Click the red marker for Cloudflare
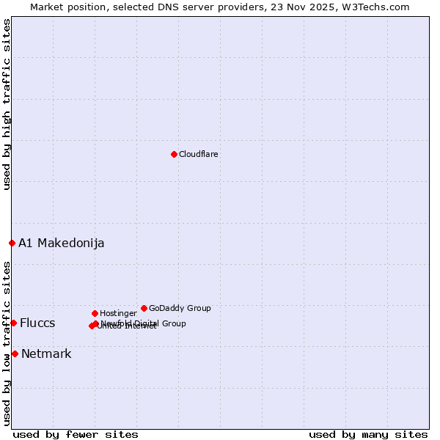click(x=174, y=154)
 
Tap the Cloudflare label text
click(x=199, y=154)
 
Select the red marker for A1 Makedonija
click(x=12, y=243)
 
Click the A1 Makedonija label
click(x=62, y=243)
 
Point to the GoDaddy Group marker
click(x=144, y=308)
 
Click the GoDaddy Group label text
click(x=180, y=308)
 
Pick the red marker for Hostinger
click(x=95, y=313)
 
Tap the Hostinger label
click(x=118, y=313)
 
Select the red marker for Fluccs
click(x=13, y=323)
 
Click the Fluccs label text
click(x=37, y=323)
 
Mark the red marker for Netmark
click(x=15, y=353)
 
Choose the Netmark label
click(x=46, y=354)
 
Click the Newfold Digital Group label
click(x=144, y=323)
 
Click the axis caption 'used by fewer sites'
click(x=76, y=435)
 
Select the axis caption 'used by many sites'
click(x=368, y=435)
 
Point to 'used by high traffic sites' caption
click(x=7, y=104)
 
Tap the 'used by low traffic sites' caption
click(x=7, y=343)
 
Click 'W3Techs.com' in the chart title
click(x=379, y=7)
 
